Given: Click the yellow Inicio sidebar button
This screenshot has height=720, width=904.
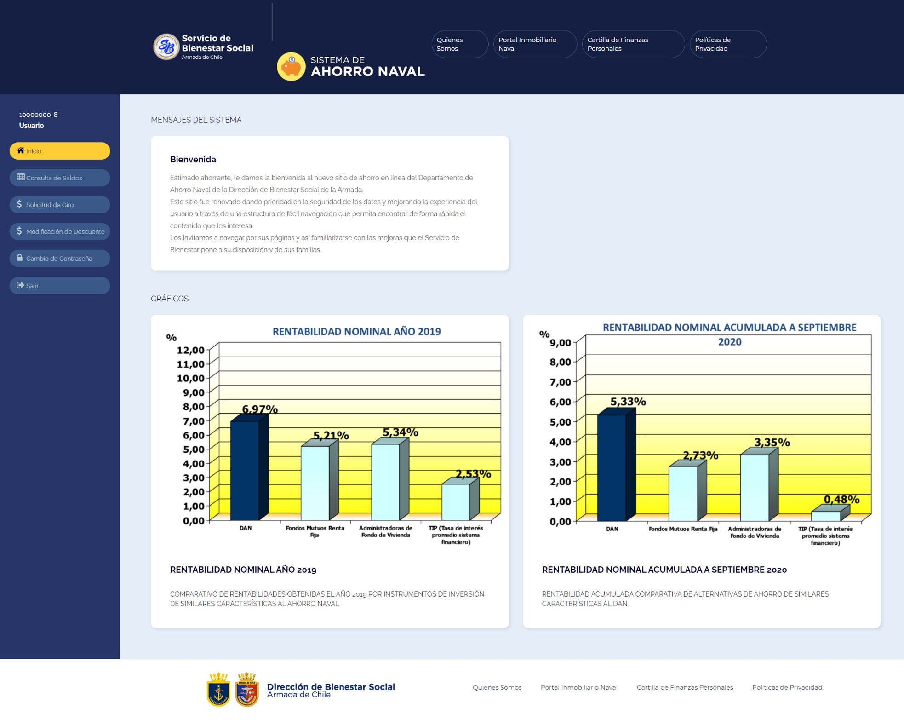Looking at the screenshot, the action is click(x=60, y=151).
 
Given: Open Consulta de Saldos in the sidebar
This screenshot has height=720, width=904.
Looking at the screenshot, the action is click(x=60, y=178).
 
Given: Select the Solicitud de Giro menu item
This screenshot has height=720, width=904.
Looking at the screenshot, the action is click(x=60, y=205).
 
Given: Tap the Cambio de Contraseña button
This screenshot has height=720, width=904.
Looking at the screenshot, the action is click(x=60, y=259).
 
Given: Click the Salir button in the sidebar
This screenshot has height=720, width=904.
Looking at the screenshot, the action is click(x=60, y=286).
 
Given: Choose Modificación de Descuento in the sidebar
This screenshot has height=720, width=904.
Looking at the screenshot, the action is click(x=60, y=231).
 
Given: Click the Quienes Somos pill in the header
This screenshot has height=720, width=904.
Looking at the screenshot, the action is click(x=460, y=44).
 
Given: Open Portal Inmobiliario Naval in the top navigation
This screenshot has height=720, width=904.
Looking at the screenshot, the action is click(x=535, y=44).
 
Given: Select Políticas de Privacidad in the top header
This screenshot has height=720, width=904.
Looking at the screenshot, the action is click(x=728, y=44).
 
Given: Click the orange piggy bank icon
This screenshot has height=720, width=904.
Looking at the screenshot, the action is click(x=291, y=67).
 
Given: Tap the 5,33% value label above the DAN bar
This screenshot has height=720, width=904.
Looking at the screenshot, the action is click(x=628, y=402).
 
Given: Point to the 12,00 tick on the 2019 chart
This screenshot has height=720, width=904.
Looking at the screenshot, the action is click(x=191, y=350).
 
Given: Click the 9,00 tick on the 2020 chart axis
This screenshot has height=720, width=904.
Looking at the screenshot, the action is click(x=561, y=343).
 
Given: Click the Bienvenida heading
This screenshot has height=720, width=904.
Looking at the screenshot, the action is click(x=193, y=159).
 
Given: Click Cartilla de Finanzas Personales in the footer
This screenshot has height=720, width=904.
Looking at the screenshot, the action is click(x=685, y=687).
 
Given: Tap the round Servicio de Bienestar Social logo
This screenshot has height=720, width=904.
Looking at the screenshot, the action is click(x=166, y=46).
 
